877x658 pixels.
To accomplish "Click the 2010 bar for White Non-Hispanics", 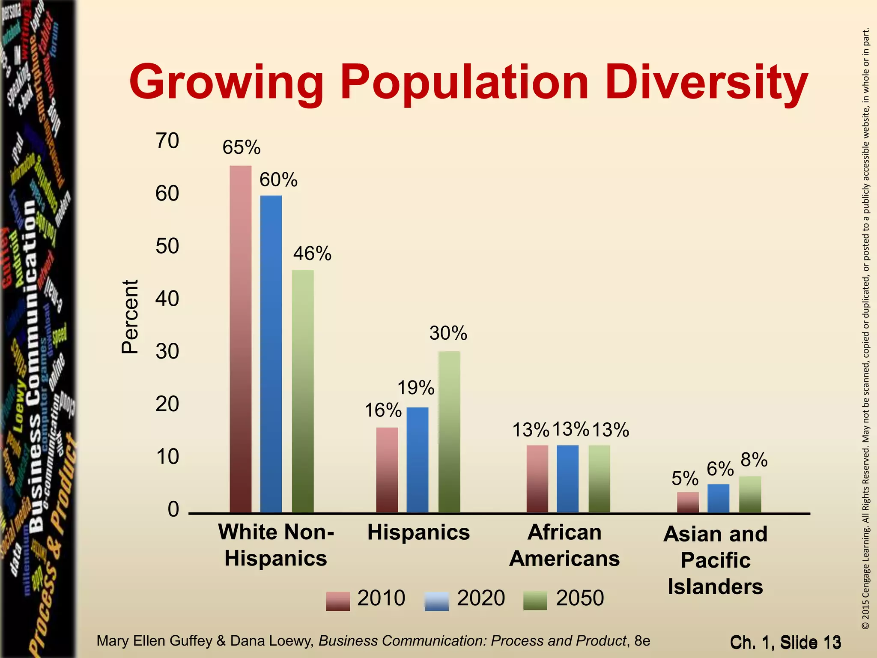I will click(241, 338).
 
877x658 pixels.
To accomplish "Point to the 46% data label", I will click(312, 254).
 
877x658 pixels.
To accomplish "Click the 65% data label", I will click(242, 148).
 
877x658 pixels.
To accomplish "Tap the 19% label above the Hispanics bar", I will click(416, 388).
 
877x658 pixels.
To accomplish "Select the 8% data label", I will click(754, 460).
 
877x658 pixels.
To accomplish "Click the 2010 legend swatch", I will click(338, 601).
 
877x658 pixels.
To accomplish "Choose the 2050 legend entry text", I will click(580, 598).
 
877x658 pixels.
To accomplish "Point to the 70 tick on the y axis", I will click(167, 141).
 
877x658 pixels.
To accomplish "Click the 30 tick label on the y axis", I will click(167, 352).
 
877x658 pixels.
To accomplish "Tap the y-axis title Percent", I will click(130, 317).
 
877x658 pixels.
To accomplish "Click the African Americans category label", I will click(564, 545).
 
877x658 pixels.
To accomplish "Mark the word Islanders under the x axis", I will click(715, 586).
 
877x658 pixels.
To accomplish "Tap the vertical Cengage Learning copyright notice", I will click(865, 329).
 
